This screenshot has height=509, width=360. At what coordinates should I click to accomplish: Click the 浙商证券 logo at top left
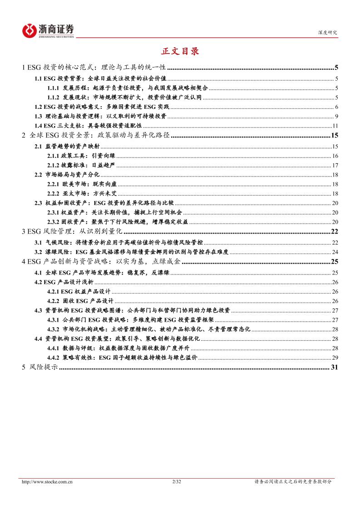tap(48, 30)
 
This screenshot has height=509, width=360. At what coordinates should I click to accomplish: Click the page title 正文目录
tap(180, 51)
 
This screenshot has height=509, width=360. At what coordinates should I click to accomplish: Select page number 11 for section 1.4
tap(335, 126)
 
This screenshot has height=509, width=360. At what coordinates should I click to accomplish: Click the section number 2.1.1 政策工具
tap(53, 156)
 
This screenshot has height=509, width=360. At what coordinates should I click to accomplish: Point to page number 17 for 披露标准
tap(335, 165)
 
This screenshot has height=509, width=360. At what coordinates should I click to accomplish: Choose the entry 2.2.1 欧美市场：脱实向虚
tap(82, 184)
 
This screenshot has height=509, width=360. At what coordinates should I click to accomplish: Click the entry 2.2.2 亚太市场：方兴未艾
tap(82, 194)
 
